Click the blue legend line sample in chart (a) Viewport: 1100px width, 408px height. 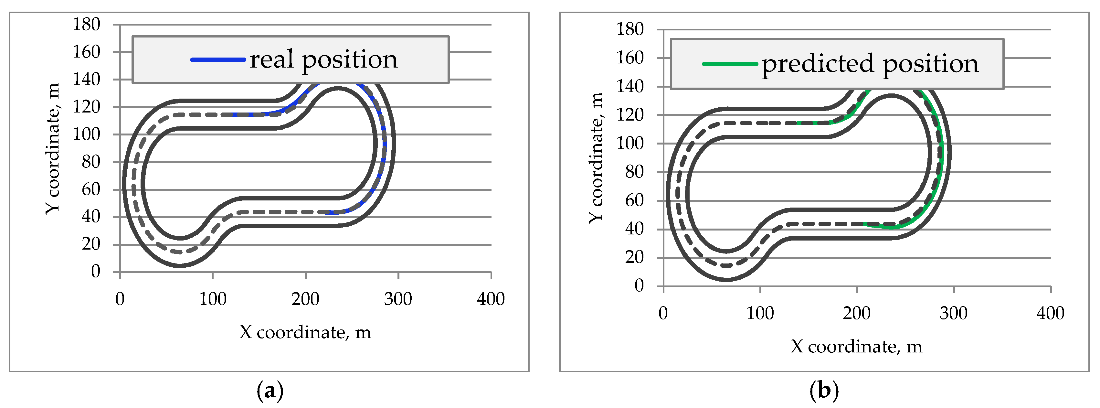click(218, 60)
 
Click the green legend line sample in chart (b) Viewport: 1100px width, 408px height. click(729, 64)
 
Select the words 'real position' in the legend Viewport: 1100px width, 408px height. click(323, 60)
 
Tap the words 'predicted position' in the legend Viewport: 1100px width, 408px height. click(870, 64)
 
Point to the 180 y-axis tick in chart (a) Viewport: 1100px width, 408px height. click(87, 24)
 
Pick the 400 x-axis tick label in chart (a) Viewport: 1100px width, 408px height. click(491, 299)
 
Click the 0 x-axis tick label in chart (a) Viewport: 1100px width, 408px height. click(120, 299)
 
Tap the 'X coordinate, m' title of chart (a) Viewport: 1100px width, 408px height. click(305, 332)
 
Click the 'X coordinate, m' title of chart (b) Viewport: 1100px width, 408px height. click(856, 347)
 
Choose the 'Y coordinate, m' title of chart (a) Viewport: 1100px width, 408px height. click(53, 149)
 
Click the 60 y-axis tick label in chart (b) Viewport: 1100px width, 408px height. click(634, 200)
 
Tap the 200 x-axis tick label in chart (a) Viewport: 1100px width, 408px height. click(305, 299)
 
